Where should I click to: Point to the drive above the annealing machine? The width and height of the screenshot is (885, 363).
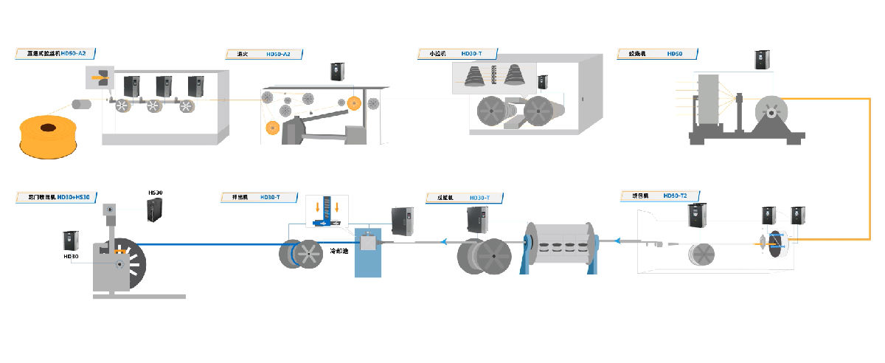click(x=338, y=71)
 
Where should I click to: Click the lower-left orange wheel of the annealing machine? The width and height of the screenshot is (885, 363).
click(x=271, y=128)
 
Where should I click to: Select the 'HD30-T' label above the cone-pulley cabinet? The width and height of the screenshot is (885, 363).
click(x=471, y=54)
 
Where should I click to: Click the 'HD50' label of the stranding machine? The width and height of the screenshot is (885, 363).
click(x=675, y=54)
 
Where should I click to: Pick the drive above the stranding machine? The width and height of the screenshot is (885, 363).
click(x=762, y=60)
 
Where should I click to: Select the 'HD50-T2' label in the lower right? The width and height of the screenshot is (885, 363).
click(x=675, y=196)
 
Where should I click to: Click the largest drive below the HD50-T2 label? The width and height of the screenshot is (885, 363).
click(x=697, y=215)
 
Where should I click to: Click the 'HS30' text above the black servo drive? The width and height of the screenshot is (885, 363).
click(x=156, y=193)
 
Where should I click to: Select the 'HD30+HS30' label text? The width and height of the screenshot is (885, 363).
click(x=73, y=197)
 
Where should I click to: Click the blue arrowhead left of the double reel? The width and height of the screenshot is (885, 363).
click(x=445, y=240)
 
